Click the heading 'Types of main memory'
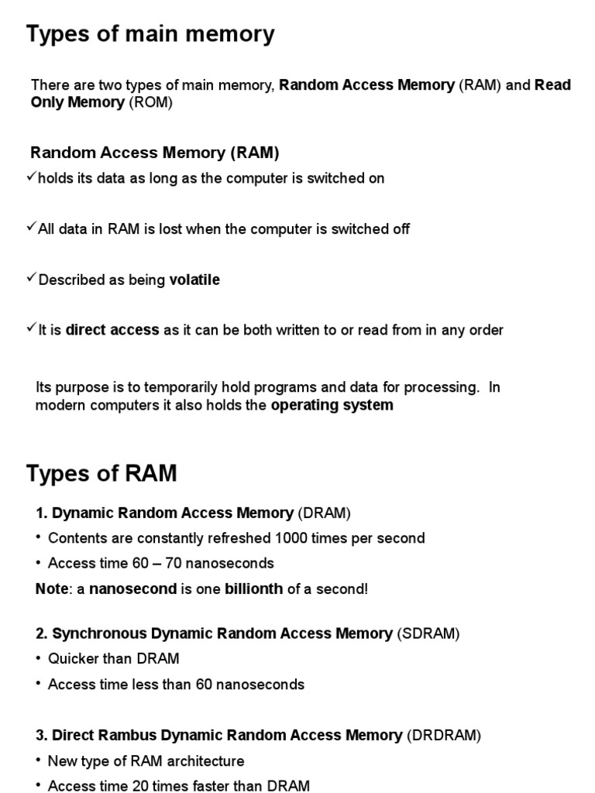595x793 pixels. [x=150, y=35]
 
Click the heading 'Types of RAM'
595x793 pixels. [x=101, y=473]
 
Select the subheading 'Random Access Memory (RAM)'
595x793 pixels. [x=154, y=153]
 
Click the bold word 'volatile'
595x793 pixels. [x=194, y=280]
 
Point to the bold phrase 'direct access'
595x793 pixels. [x=112, y=330]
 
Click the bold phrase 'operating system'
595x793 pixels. [x=332, y=405]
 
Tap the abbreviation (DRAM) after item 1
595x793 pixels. [x=325, y=513]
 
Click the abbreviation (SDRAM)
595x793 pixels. [x=428, y=633]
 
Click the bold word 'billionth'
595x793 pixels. [x=253, y=589]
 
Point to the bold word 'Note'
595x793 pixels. [x=52, y=589]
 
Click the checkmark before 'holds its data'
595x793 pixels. [x=31, y=177]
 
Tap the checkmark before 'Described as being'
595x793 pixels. [x=31, y=279]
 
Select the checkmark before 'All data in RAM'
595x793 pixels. [x=31, y=228]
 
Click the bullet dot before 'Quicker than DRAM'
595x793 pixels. [x=38, y=658]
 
